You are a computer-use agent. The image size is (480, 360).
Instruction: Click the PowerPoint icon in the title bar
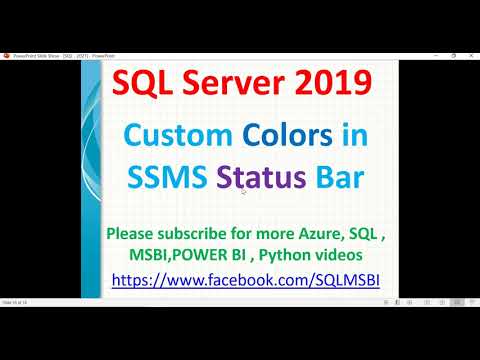pyautogui.click(x=7, y=55)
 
